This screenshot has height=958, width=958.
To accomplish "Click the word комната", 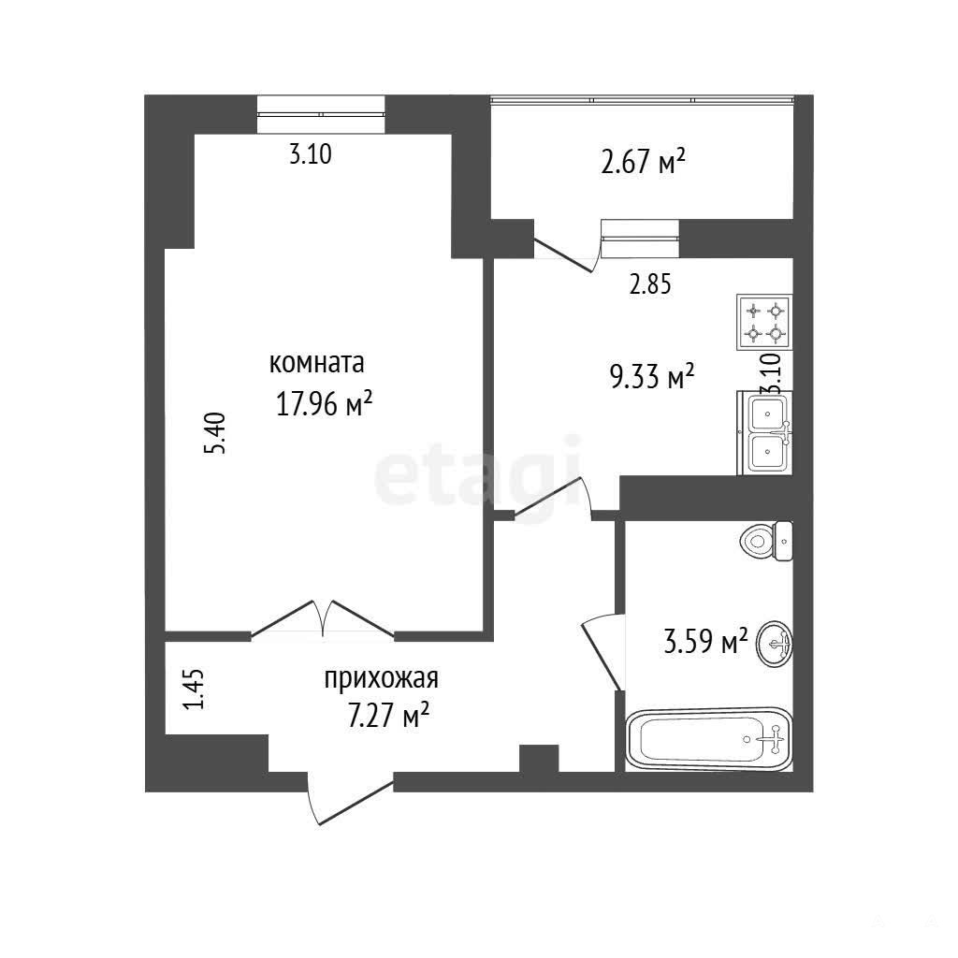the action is [x=316, y=363].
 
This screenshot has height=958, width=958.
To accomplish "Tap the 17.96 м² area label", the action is [x=325, y=403].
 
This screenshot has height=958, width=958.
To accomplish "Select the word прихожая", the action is [x=382, y=678].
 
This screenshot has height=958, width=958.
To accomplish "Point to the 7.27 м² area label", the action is [x=387, y=715].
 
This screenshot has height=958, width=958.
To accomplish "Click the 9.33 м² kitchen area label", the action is [x=652, y=376].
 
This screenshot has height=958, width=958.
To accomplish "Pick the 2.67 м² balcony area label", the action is [x=643, y=163].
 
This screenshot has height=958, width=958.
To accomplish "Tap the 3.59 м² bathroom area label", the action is [x=705, y=643].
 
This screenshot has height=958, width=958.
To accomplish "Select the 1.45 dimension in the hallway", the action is [x=194, y=689].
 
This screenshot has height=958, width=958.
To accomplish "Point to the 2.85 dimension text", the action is [x=651, y=284].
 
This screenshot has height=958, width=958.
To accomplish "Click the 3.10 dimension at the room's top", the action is [x=311, y=154].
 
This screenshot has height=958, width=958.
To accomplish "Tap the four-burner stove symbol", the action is [x=764, y=322].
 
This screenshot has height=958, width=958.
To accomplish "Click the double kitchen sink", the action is [x=765, y=433].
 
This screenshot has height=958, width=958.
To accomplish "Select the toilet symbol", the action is [x=766, y=542].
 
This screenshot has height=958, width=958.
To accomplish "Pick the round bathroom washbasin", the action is [x=774, y=644].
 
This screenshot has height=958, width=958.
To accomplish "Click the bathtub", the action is [x=709, y=739].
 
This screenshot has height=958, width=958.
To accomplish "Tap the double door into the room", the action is [x=323, y=620].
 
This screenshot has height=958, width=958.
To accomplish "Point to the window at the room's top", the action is [x=321, y=114].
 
